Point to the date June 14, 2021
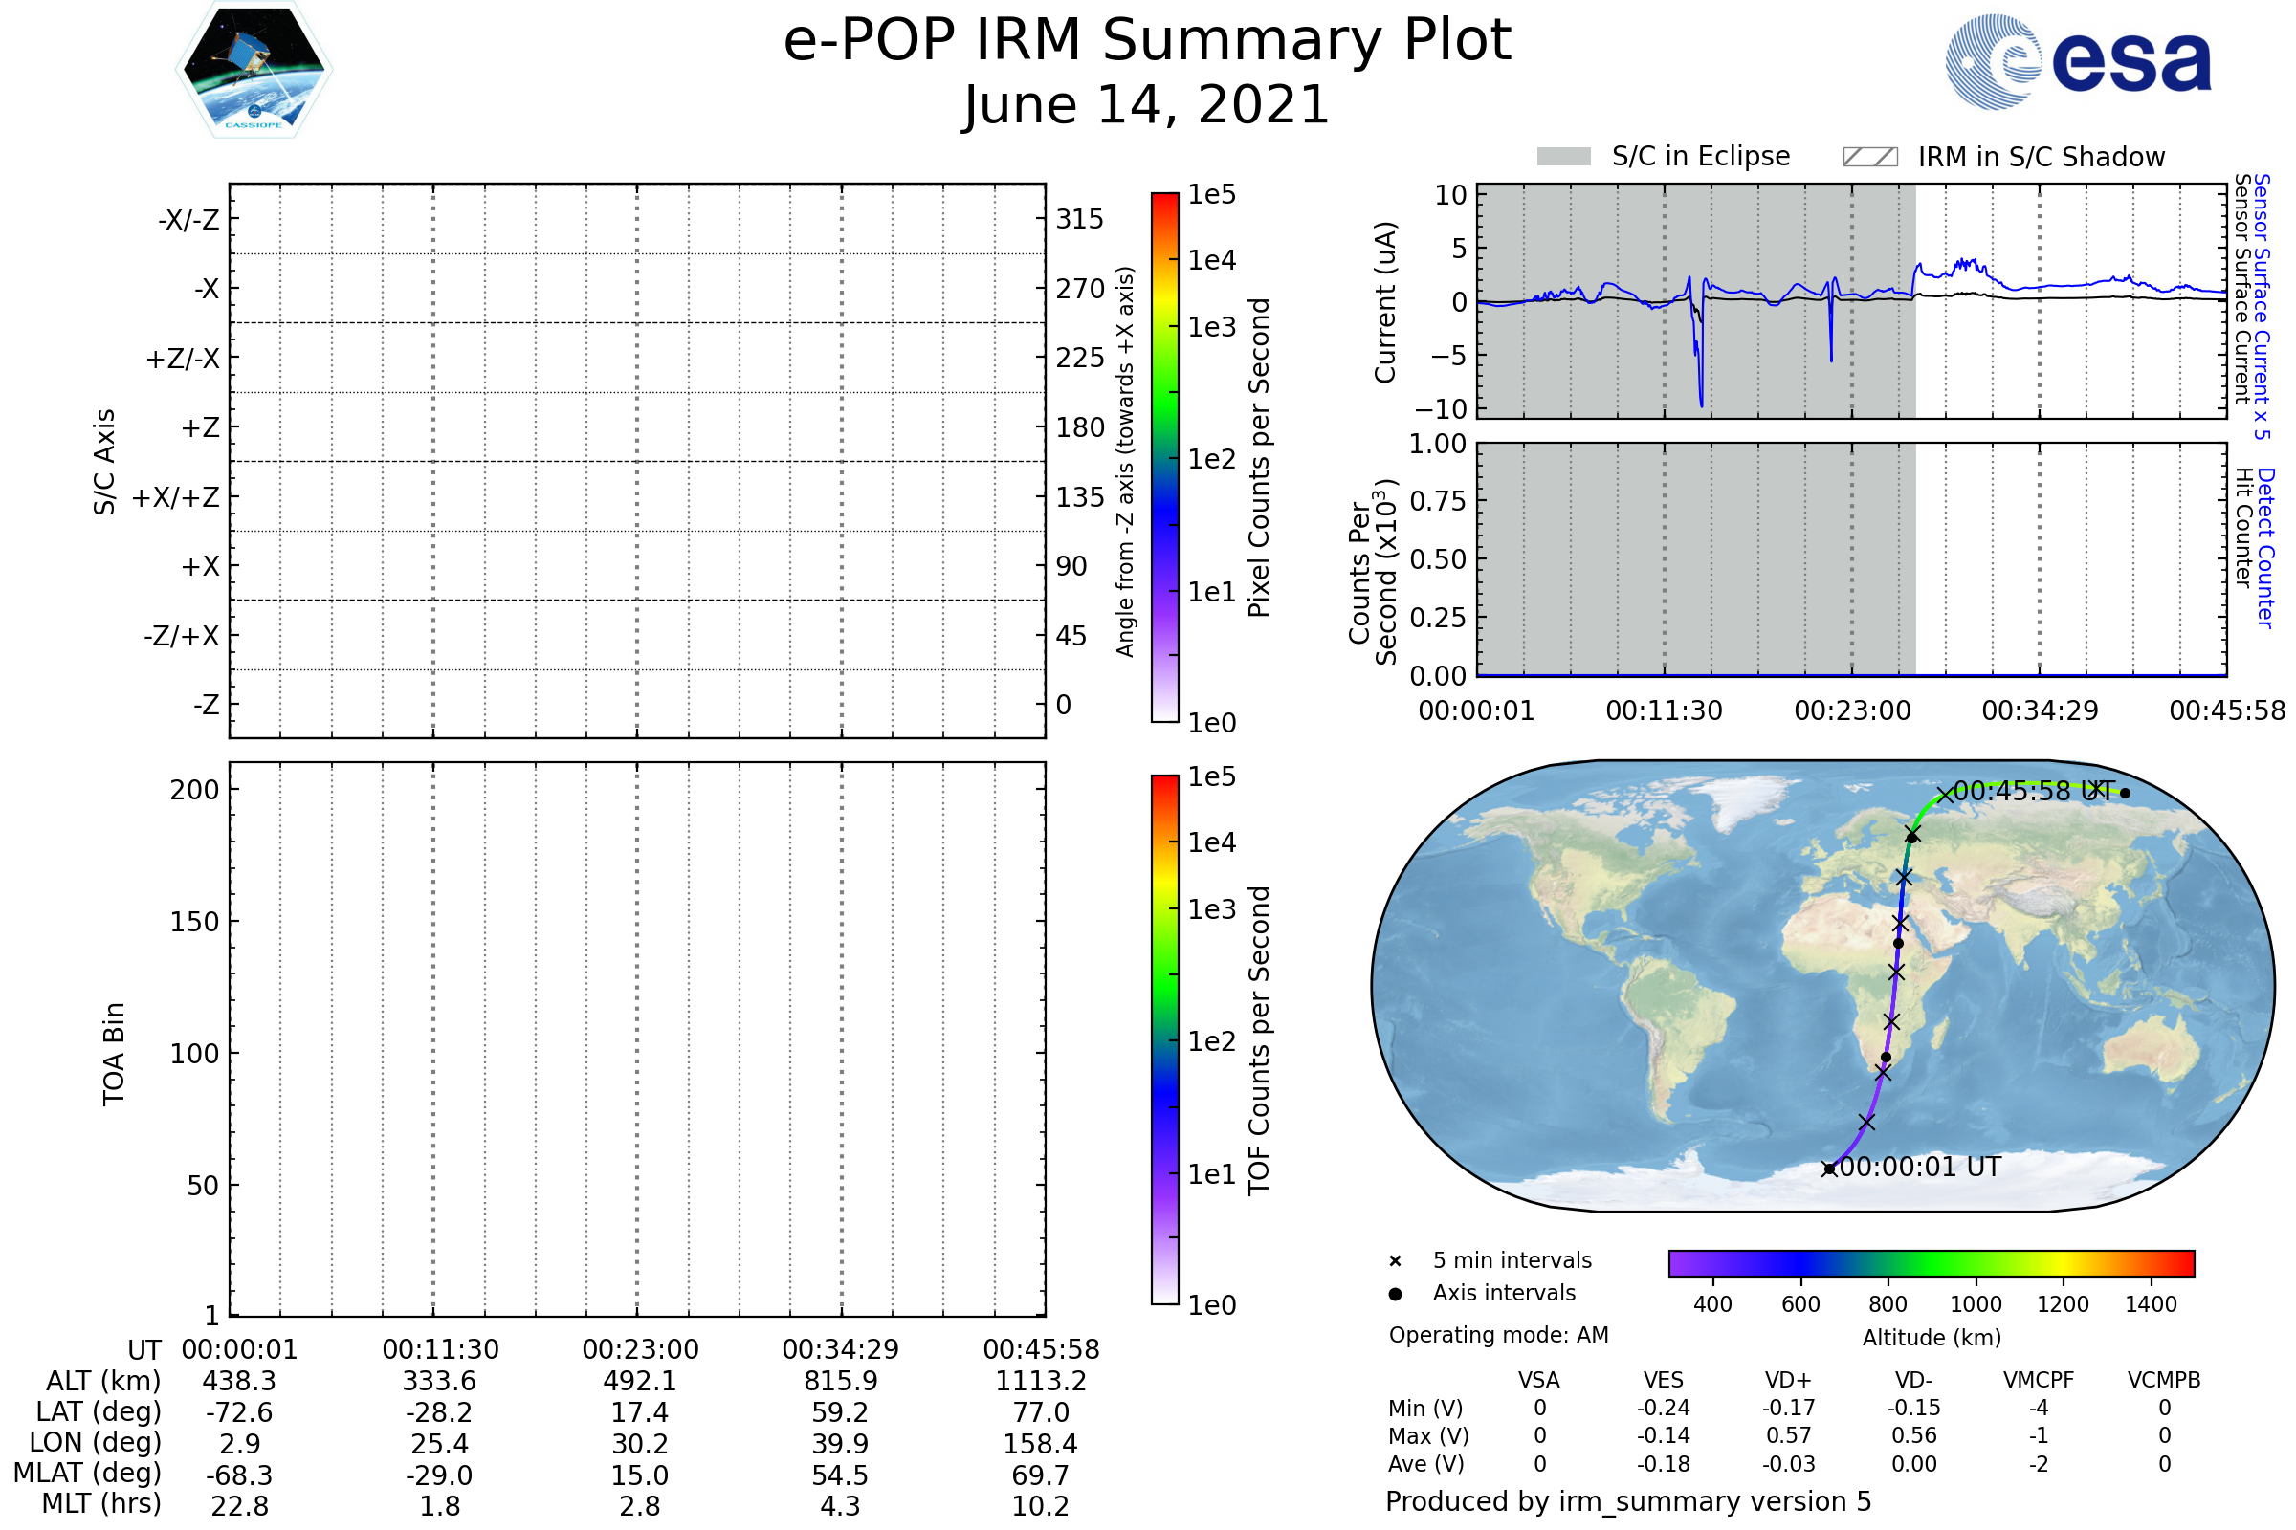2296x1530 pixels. point(1146,105)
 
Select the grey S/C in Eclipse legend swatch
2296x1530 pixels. point(1563,157)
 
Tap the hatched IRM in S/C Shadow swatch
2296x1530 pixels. point(1869,157)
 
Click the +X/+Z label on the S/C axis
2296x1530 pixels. point(176,497)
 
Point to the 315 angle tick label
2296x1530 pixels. point(1079,220)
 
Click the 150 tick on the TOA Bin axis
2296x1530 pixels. point(194,922)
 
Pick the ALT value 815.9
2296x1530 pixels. point(840,1381)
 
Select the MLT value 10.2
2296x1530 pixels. point(1040,1505)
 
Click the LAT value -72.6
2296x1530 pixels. point(239,1412)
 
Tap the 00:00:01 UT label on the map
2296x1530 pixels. point(1919,1167)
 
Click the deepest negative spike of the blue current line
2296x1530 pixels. point(1702,404)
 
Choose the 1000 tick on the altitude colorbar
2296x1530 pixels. point(1976,1304)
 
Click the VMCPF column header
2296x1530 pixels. point(2039,1380)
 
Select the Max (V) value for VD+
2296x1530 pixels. point(1788,1435)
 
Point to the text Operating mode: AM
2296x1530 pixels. point(1498,1335)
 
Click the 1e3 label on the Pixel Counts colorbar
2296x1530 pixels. point(1211,328)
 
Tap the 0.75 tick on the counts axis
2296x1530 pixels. point(1438,501)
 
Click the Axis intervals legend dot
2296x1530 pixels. point(1395,1294)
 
